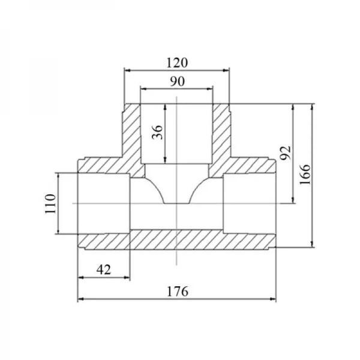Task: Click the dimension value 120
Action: (x=177, y=62)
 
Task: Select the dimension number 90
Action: (x=177, y=81)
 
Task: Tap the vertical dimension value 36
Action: (x=157, y=132)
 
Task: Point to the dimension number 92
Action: (x=286, y=152)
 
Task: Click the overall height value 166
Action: (x=305, y=174)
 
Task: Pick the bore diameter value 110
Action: (x=50, y=204)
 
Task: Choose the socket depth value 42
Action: (x=104, y=269)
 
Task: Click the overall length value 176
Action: (x=178, y=292)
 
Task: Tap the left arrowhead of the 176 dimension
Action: (x=80, y=299)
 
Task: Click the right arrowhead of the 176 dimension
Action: (x=273, y=299)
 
